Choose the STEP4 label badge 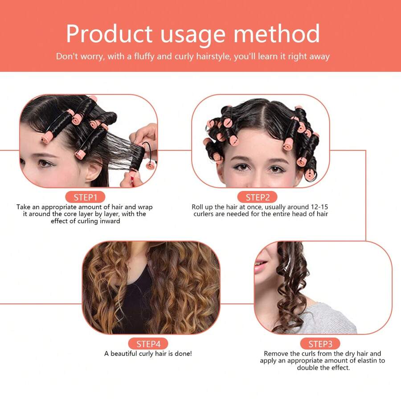(148, 344)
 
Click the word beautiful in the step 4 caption (125, 353)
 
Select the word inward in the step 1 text (109, 221)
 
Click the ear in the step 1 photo (92, 168)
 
